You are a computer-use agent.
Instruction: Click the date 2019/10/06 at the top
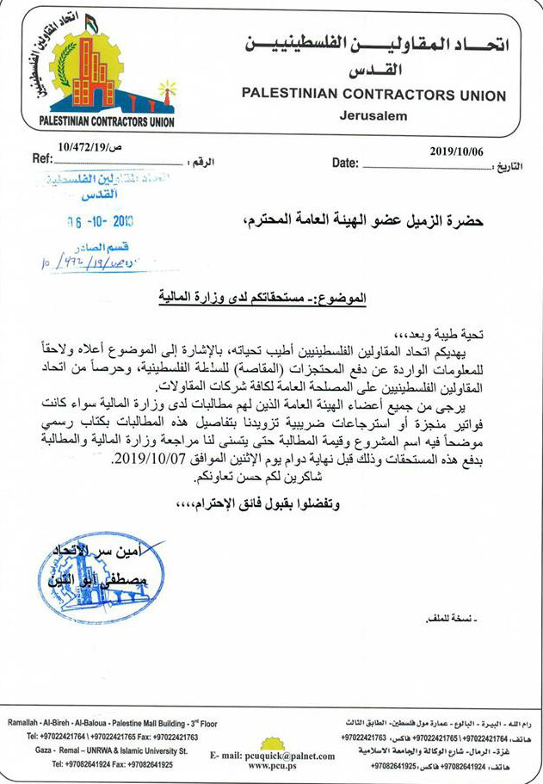[x=457, y=151]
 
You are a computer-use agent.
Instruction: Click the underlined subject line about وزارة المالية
[x=262, y=299]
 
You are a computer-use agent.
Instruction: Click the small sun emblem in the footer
[x=274, y=741]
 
